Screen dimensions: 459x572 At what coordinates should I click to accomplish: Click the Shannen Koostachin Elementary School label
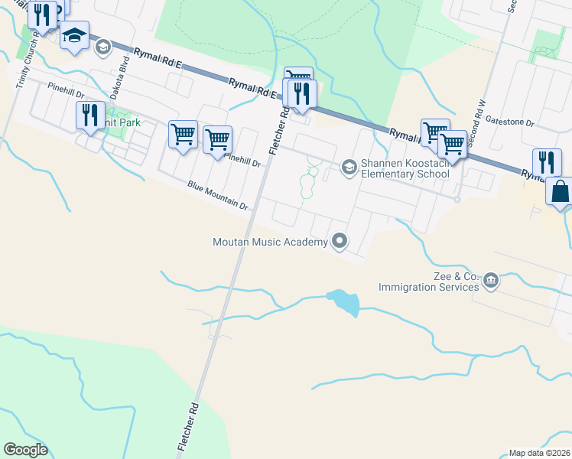(x=405, y=168)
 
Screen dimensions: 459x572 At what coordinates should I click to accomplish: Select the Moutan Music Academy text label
(x=270, y=242)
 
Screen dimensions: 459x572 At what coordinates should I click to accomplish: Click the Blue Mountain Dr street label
(x=218, y=196)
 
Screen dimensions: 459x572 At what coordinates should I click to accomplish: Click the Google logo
(x=25, y=450)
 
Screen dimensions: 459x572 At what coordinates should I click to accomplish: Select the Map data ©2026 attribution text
(x=538, y=453)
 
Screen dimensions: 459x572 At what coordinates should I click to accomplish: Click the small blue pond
(x=343, y=302)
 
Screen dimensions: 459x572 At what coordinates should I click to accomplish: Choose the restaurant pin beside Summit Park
(x=90, y=115)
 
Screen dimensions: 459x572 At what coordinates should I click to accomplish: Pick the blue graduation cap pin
(x=75, y=35)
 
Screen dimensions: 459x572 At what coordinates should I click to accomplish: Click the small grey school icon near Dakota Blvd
(x=102, y=48)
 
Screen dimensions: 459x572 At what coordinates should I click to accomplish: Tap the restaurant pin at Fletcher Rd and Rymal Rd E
(x=301, y=93)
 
